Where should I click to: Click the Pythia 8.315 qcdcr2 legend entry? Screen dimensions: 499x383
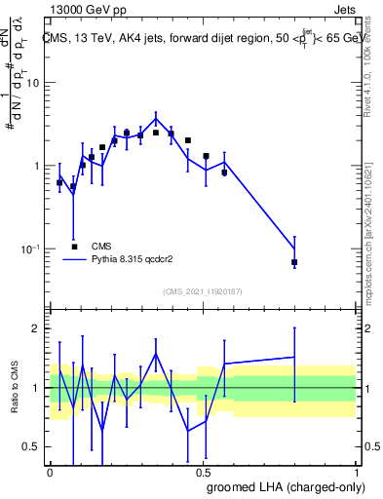pos(132,260)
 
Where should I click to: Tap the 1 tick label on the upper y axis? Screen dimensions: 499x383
pos(36,166)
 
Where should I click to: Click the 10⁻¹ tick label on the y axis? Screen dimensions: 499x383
pos(31,249)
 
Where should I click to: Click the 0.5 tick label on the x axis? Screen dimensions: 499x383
pos(203,471)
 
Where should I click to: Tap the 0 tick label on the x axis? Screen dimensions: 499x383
pos(50,471)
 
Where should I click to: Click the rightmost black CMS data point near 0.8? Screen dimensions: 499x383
pos(294,262)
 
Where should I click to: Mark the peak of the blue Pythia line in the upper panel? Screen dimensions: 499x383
pos(156,119)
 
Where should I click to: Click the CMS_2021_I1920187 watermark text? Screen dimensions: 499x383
pos(204,291)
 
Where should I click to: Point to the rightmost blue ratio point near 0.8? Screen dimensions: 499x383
pos(294,357)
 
